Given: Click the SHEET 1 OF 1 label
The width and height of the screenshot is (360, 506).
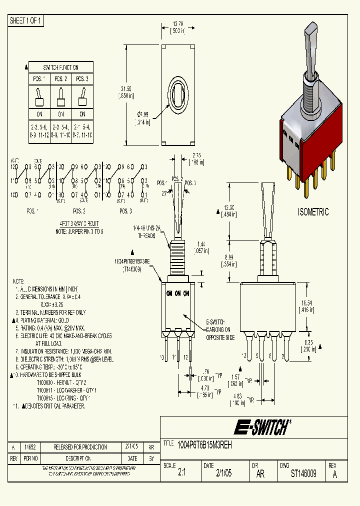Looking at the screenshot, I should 26,20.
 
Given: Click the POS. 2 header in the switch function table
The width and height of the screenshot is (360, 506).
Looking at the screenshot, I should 60,79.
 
